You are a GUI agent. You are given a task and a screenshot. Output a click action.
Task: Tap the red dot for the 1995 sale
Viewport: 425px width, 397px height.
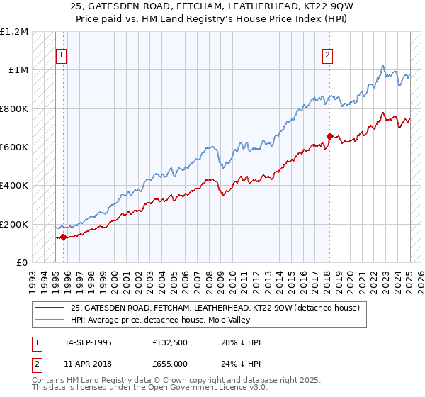coord(63,237)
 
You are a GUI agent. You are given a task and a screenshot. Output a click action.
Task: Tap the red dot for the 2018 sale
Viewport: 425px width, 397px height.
coord(329,136)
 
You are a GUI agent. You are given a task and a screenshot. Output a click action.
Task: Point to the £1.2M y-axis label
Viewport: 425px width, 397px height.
coord(15,32)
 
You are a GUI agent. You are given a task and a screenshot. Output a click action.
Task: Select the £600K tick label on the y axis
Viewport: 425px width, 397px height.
coord(15,147)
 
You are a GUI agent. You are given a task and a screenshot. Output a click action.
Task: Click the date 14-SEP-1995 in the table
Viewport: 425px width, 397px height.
coord(86,342)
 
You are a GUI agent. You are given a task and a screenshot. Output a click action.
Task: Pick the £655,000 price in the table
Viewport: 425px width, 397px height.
coord(169,363)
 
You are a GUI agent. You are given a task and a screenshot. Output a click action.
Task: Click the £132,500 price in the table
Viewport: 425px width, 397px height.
coord(169,342)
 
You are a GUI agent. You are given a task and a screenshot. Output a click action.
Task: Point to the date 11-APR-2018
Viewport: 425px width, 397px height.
coord(86,363)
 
